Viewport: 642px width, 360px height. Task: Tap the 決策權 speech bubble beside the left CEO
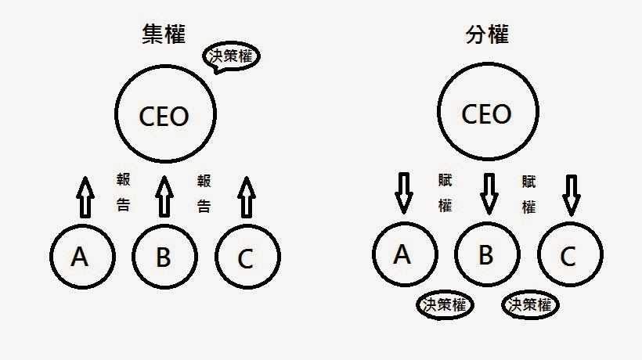pyautogui.click(x=233, y=58)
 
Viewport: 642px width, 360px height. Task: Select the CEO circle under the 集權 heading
pyautogui.click(x=164, y=116)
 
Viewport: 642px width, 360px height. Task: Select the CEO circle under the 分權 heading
pyautogui.click(x=487, y=114)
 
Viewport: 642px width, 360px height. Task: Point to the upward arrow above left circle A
pyautogui.click(x=85, y=197)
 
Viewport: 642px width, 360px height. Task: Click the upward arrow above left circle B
pyautogui.click(x=163, y=196)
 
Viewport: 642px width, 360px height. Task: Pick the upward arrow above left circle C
pyautogui.click(x=247, y=197)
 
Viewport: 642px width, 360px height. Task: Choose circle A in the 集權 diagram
pyautogui.click(x=81, y=257)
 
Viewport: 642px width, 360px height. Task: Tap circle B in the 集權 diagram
pyautogui.click(x=164, y=257)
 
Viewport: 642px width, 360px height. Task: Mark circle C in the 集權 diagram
pyautogui.click(x=247, y=257)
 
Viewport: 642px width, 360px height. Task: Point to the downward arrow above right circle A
pyautogui.click(x=403, y=193)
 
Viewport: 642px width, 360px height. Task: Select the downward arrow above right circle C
pyautogui.click(x=571, y=193)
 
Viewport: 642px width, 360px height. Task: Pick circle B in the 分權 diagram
pyautogui.click(x=486, y=255)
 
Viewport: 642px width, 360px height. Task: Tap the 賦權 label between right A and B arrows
pyautogui.click(x=445, y=193)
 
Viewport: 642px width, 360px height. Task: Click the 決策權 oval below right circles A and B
pyautogui.click(x=445, y=304)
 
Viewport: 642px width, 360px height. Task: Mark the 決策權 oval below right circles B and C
pyautogui.click(x=531, y=304)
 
